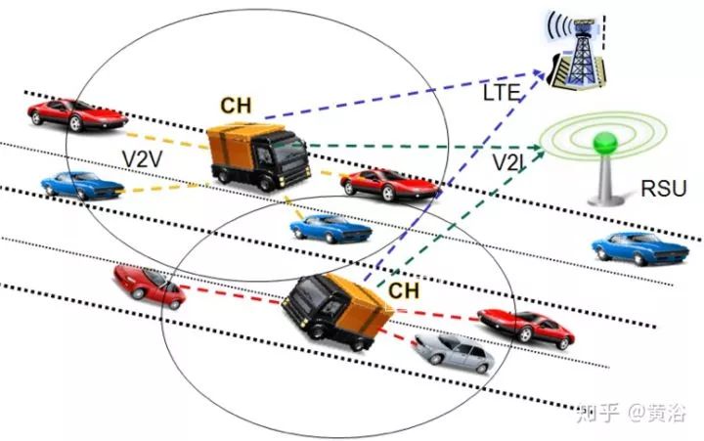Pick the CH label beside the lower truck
point(404,289)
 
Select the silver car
point(451,351)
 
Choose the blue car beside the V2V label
point(77,184)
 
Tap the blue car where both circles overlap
point(331,229)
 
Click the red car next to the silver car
point(526,326)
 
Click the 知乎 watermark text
point(597,414)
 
